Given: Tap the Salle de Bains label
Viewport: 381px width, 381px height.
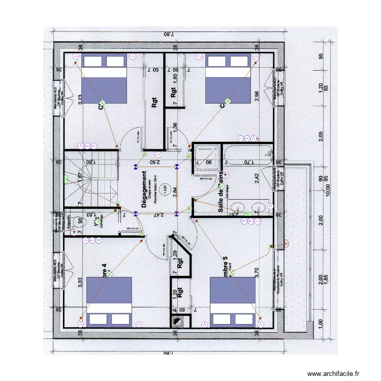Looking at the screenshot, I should [x=221, y=193].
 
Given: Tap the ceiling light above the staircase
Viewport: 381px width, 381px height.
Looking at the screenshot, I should [x=67, y=179].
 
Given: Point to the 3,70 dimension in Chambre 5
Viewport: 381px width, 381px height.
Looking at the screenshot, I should [x=257, y=273].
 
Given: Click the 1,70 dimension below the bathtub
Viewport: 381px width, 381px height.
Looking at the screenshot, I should [x=248, y=163].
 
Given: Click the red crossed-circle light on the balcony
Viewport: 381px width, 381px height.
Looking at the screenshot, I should [x=285, y=244].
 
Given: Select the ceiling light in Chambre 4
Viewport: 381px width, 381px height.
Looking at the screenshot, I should [x=109, y=274].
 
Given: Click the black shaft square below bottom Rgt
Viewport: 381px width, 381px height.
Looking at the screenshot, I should [x=178, y=321].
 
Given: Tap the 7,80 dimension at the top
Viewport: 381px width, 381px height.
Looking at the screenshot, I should [x=168, y=35].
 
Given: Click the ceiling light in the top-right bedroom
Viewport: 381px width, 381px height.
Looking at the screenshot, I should [x=228, y=101].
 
